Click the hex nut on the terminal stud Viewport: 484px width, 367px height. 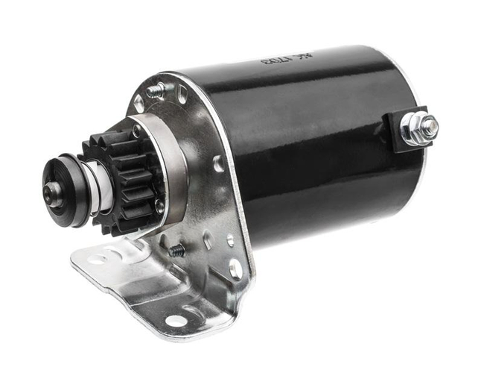pyautogui.click(x=427, y=128)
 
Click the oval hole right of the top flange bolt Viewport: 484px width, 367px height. pyautogui.click(x=182, y=95)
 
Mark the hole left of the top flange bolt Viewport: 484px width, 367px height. pyautogui.click(x=139, y=105)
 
